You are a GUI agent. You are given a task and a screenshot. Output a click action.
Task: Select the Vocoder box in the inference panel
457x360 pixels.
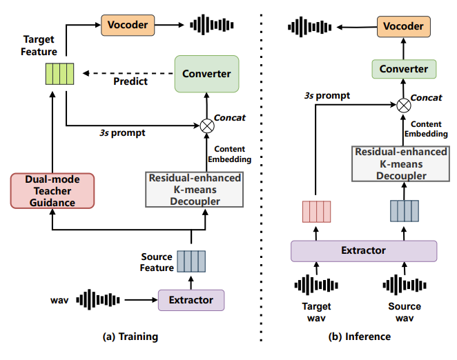403,28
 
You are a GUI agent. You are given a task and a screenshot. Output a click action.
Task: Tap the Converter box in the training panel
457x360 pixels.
206,74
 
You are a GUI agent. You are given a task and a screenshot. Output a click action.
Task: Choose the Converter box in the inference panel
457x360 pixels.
404,69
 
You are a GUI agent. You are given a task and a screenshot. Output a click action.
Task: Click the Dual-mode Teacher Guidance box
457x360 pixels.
52,190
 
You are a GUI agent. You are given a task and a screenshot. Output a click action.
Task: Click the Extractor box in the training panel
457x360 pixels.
191,300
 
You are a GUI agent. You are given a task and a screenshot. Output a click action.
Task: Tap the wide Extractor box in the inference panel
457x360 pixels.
364,250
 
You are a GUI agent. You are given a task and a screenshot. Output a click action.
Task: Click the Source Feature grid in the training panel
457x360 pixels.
191,261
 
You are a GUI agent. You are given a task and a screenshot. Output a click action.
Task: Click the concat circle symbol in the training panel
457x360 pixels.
206,125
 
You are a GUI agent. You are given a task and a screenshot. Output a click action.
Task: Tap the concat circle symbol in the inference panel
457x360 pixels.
403,105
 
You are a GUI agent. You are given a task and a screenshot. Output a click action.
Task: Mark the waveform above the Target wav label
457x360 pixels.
315,284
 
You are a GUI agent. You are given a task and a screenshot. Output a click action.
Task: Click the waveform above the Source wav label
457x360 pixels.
405,284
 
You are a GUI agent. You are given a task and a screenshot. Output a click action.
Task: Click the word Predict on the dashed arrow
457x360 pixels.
130,81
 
